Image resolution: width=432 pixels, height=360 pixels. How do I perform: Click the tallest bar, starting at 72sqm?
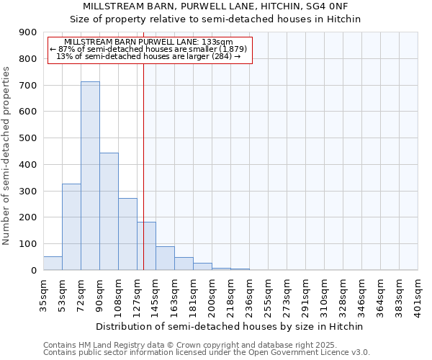point(90,176)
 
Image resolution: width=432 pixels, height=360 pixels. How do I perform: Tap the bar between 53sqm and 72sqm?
point(71,227)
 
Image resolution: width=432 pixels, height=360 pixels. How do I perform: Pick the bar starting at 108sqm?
point(127,234)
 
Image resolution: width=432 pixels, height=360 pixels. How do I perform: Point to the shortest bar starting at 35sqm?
point(53,264)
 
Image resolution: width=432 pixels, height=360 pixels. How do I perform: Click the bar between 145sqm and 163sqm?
point(165,258)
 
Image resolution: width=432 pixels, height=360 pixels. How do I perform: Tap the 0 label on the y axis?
point(33,271)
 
